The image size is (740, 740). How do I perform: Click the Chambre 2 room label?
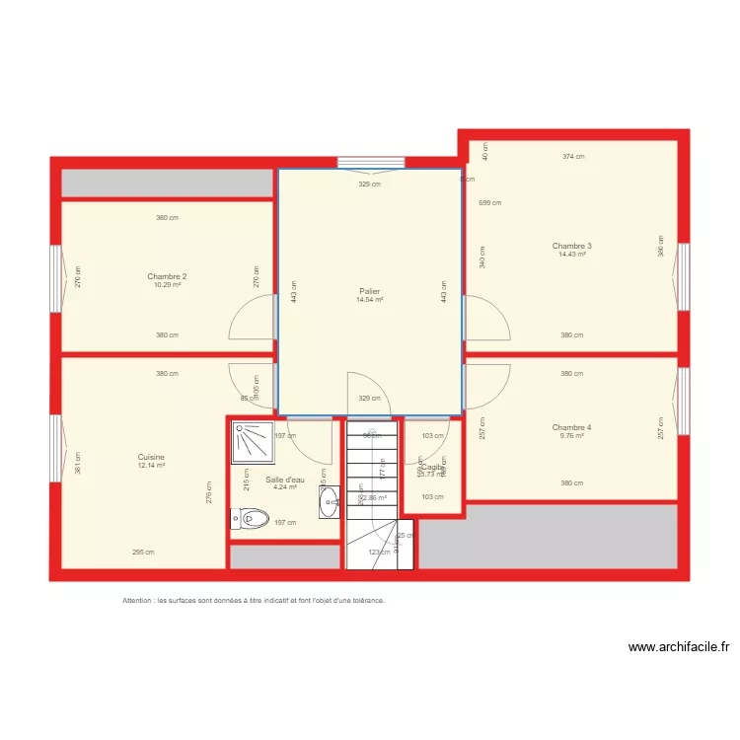click(167, 276)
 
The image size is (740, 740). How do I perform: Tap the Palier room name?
click(369, 291)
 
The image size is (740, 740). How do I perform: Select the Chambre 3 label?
click(571, 246)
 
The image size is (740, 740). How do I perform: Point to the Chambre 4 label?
click(571, 427)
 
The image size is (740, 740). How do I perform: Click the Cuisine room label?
click(151, 457)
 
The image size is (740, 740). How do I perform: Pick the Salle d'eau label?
click(285, 479)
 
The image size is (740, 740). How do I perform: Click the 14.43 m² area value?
click(571, 255)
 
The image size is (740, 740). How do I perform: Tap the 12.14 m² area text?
click(151, 465)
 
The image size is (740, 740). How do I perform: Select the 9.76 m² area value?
click(571, 435)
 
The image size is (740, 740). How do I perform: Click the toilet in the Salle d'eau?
click(250, 517)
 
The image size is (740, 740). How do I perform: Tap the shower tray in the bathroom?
click(254, 442)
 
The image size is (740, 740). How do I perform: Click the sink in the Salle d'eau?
click(330, 502)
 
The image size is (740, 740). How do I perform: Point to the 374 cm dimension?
click(573, 156)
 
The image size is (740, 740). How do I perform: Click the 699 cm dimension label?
click(489, 203)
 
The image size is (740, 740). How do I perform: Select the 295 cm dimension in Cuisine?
click(143, 553)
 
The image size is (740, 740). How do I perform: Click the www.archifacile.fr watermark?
click(679, 647)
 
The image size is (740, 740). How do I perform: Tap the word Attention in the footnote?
click(138, 600)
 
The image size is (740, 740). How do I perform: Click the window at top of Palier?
click(370, 163)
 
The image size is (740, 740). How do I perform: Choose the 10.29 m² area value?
click(167, 285)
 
